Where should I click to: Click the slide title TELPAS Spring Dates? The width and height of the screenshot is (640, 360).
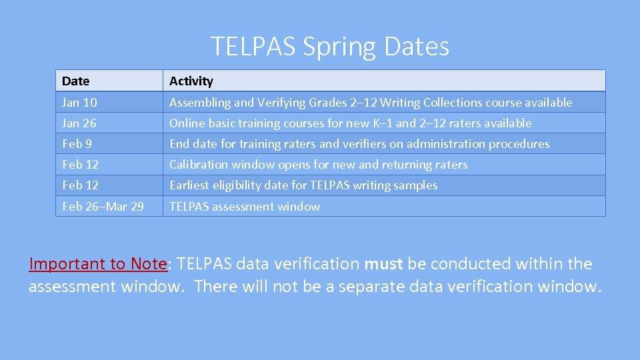coord(330,46)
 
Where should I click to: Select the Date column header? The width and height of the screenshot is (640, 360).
coord(75,81)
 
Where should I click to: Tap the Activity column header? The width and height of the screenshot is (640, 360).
coord(191,81)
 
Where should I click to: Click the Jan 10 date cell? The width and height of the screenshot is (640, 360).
coord(79,102)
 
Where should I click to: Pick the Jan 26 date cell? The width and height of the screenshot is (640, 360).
coord(79,123)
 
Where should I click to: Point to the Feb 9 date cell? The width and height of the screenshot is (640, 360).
coord(77,143)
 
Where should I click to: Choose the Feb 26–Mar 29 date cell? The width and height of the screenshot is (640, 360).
coord(103,206)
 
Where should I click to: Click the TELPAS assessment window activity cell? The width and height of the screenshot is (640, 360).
coord(245,206)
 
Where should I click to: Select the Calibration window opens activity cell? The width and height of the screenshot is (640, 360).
coord(319,164)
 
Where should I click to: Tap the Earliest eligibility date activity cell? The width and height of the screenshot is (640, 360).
coord(303,185)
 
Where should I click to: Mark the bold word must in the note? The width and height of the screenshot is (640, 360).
coord(383,263)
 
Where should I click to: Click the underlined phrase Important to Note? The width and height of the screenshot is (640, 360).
coord(97,263)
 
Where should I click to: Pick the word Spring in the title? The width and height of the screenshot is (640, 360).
coord(340,46)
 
